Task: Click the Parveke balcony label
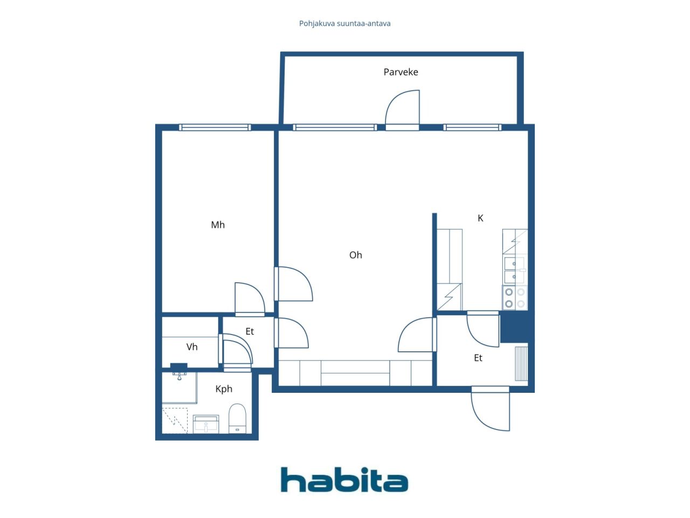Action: point(401,72)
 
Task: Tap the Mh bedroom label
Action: point(218,224)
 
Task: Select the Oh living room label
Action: point(356,255)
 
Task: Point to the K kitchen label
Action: point(480,218)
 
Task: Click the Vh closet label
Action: point(192,346)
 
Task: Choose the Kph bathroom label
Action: point(224,389)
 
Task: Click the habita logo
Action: point(344,479)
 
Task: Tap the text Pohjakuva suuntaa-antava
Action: point(344,24)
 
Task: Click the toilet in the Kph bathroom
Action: point(237,419)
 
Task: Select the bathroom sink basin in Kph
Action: point(205,424)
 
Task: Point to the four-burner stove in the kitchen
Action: point(515,297)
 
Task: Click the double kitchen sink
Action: point(515,270)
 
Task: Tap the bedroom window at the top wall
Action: point(215,127)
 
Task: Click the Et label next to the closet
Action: point(250,331)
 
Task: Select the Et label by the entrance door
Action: point(478,358)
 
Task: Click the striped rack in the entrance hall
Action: point(521,364)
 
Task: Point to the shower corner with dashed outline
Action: point(175,421)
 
